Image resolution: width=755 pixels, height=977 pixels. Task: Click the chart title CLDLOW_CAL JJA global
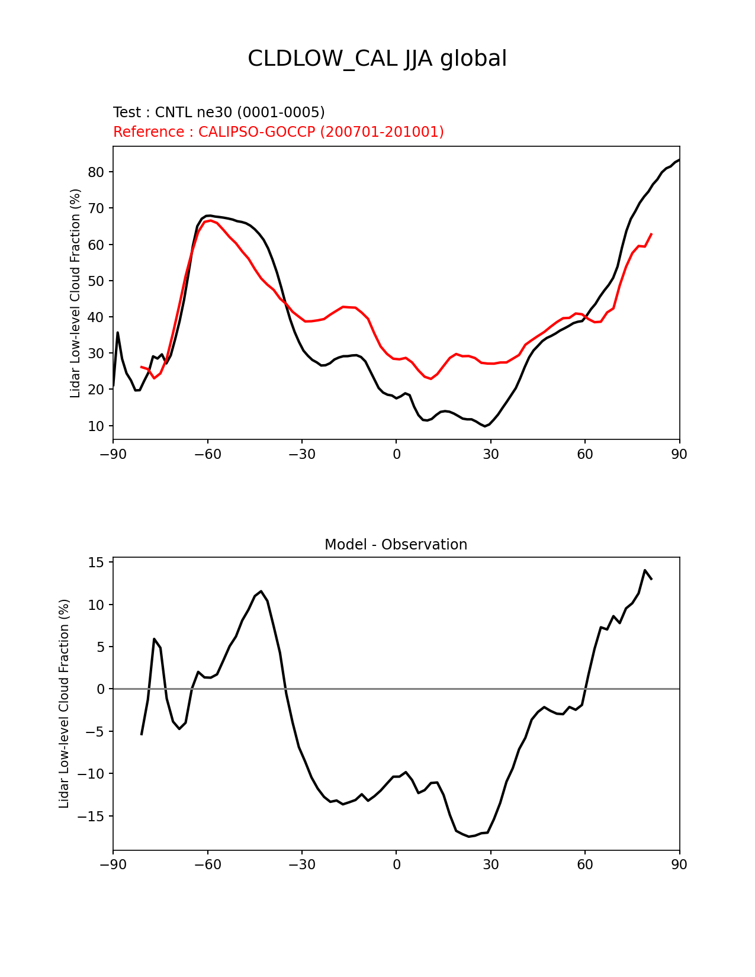pyautogui.click(x=377, y=59)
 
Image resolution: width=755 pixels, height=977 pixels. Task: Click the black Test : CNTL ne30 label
pyautogui.click(x=219, y=113)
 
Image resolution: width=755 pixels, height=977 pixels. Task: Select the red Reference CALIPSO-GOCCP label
pyautogui.click(x=278, y=132)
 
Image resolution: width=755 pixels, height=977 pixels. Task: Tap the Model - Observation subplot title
pyautogui.click(x=396, y=545)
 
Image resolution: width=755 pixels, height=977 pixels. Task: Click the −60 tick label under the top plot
pyautogui.click(x=207, y=454)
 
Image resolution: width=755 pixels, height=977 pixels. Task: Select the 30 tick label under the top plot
pyautogui.click(x=490, y=454)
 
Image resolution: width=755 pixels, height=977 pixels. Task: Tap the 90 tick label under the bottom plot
pyautogui.click(x=679, y=865)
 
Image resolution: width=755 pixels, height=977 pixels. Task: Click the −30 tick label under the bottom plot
pyautogui.click(x=301, y=865)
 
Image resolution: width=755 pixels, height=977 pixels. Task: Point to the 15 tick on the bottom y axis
pyautogui.click(x=96, y=563)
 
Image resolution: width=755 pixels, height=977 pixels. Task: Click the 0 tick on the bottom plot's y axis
pyautogui.click(x=100, y=689)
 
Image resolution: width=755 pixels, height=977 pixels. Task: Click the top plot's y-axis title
pyautogui.click(x=75, y=293)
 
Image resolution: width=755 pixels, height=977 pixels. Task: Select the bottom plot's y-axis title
pyautogui.click(x=64, y=703)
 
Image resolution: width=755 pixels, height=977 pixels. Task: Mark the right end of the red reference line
pyautogui.click(x=651, y=234)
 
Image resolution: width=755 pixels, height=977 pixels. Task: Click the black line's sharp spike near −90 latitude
pyautogui.click(x=117, y=333)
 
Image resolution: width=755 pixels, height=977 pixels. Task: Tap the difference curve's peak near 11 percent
pyautogui.click(x=261, y=591)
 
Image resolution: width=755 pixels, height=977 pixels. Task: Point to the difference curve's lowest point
pyautogui.click(x=468, y=837)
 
